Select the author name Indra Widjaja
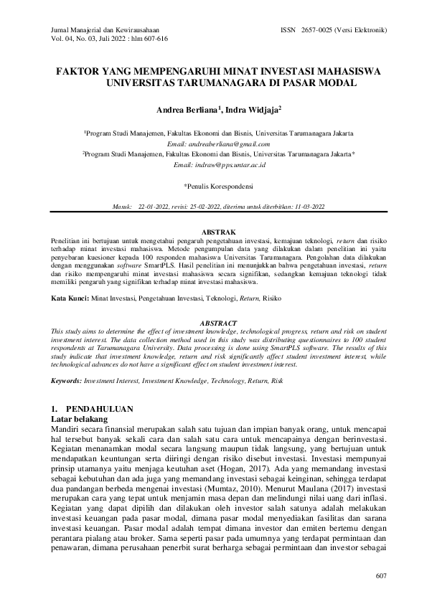click(250, 111)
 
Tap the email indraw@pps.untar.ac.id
click(220, 165)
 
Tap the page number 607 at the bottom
click(381, 576)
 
